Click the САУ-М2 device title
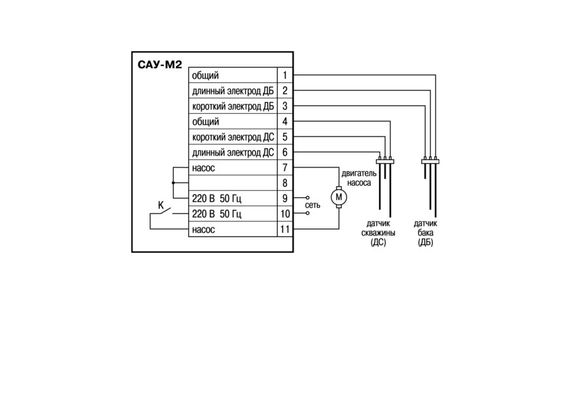tap(159, 65)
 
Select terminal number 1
tap(284, 75)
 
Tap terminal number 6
tap(284, 152)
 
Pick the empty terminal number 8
tap(284, 183)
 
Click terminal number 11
tap(284, 229)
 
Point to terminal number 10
tap(284, 214)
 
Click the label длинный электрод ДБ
tap(233, 91)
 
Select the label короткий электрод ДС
tap(233, 137)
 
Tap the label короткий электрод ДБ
tap(233, 106)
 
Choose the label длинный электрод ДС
tap(233, 152)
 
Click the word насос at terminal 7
tap(203, 168)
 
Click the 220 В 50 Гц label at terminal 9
tap(216, 199)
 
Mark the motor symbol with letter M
tap(339, 197)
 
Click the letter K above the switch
tap(161, 205)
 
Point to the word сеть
tap(312, 205)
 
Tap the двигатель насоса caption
tap(359, 178)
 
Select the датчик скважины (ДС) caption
tap(378, 233)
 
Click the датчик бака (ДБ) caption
tap(426, 233)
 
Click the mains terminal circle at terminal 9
tap(307, 198)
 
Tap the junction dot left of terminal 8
tap(173, 183)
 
